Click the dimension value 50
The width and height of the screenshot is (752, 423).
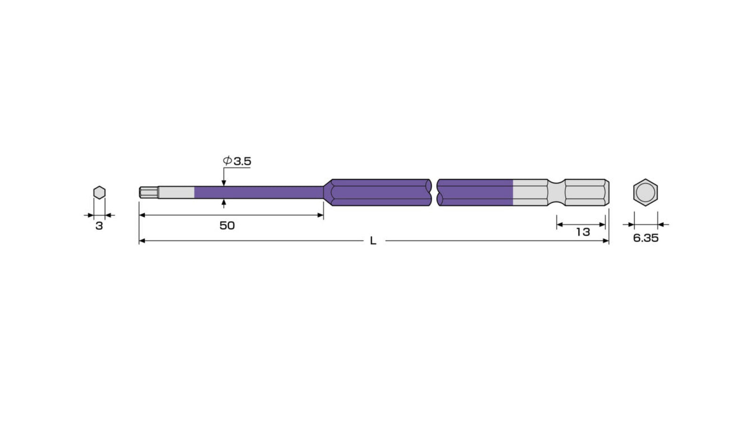(227, 226)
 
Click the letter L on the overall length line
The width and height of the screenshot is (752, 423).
(373, 241)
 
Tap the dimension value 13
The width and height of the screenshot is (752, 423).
(583, 232)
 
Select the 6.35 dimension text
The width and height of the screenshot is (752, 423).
(646, 238)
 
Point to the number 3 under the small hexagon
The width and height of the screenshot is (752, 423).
(99, 226)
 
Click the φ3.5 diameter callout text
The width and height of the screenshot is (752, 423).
(237, 161)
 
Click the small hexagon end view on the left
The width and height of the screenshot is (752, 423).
(99, 193)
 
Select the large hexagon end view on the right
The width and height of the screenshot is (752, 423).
(645, 192)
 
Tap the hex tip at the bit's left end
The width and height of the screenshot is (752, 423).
(149, 192)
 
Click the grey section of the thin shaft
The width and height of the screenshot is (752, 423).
(176, 193)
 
